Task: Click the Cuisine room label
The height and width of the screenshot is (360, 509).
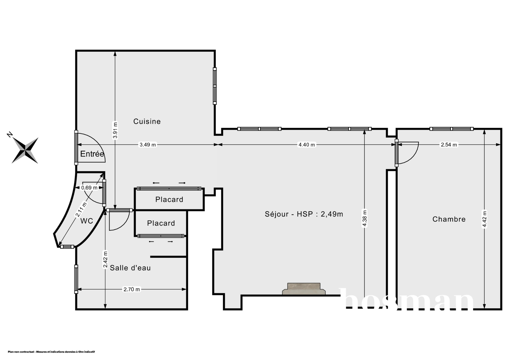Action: coord(147,121)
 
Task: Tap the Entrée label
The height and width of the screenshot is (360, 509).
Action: coord(92,154)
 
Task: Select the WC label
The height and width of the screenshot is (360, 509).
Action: coord(87,221)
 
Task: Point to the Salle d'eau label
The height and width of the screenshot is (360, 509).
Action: coord(130,268)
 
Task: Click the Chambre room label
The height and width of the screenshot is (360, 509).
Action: coord(449,219)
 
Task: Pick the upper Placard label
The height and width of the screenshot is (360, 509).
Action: coord(169,199)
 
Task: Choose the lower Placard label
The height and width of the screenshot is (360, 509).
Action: coord(161,223)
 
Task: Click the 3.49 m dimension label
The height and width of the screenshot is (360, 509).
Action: coord(148,145)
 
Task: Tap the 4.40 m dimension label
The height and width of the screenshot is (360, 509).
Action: coord(307,145)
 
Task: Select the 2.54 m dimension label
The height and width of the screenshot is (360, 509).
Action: coord(449,145)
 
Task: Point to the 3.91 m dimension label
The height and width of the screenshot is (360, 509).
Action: coord(115,130)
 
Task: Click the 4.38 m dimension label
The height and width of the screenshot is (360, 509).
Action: coord(365,218)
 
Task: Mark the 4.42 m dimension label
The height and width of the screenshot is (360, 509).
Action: coord(485,219)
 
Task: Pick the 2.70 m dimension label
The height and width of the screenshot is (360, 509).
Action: coord(132,289)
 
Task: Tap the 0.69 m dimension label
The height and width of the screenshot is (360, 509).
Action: coord(89,188)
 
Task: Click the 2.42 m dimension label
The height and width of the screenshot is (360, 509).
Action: coord(105,260)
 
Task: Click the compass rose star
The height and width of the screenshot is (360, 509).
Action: coord(25,150)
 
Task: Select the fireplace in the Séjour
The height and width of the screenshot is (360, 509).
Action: coord(304,289)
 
